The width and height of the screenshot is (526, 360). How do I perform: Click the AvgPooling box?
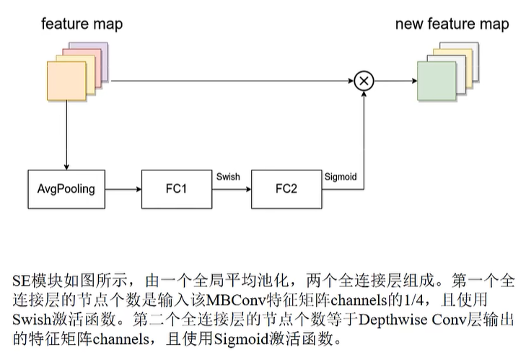point(66,190)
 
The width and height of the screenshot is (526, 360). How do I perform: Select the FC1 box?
point(176,190)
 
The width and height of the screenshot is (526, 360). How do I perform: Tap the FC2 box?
point(286,190)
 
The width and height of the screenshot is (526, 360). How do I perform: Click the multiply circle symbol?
point(364,80)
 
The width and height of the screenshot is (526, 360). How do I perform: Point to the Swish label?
point(229,175)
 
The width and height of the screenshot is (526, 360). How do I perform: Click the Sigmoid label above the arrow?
point(339,175)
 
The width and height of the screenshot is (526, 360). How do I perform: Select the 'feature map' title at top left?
point(82,24)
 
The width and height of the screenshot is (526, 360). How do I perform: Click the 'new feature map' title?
point(452,24)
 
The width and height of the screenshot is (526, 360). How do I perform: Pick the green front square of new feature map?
point(437,80)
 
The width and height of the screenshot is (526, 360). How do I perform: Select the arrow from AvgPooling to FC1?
point(123,190)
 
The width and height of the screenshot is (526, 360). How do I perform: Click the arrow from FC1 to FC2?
point(231,190)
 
